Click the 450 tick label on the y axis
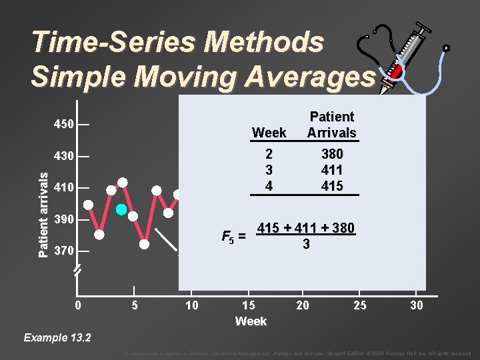64,125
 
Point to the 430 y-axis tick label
64,156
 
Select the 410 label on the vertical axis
64,188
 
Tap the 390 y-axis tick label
64,220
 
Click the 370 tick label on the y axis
64,251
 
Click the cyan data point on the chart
121,209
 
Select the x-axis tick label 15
248,305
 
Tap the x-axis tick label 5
135,305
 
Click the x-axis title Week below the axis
251,321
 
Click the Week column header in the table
269,133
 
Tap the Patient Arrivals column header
331,125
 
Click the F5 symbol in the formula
229,235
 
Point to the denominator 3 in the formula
305,245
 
